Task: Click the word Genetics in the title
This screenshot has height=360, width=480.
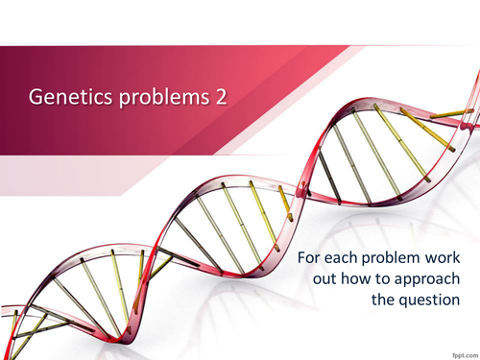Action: pos(65,97)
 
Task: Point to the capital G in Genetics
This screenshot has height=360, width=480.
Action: pos(36,97)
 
